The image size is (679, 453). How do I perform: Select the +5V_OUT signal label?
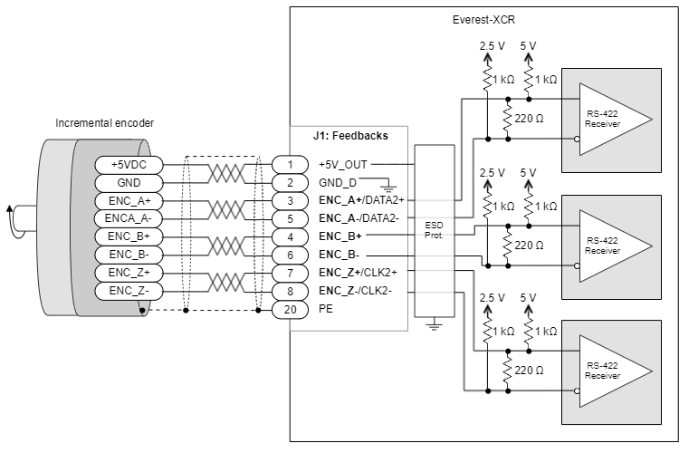pos(343,164)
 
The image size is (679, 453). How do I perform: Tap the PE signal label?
pos(326,309)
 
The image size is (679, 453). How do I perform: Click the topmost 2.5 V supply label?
pos(492,44)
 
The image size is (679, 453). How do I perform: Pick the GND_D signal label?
pos(338,182)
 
